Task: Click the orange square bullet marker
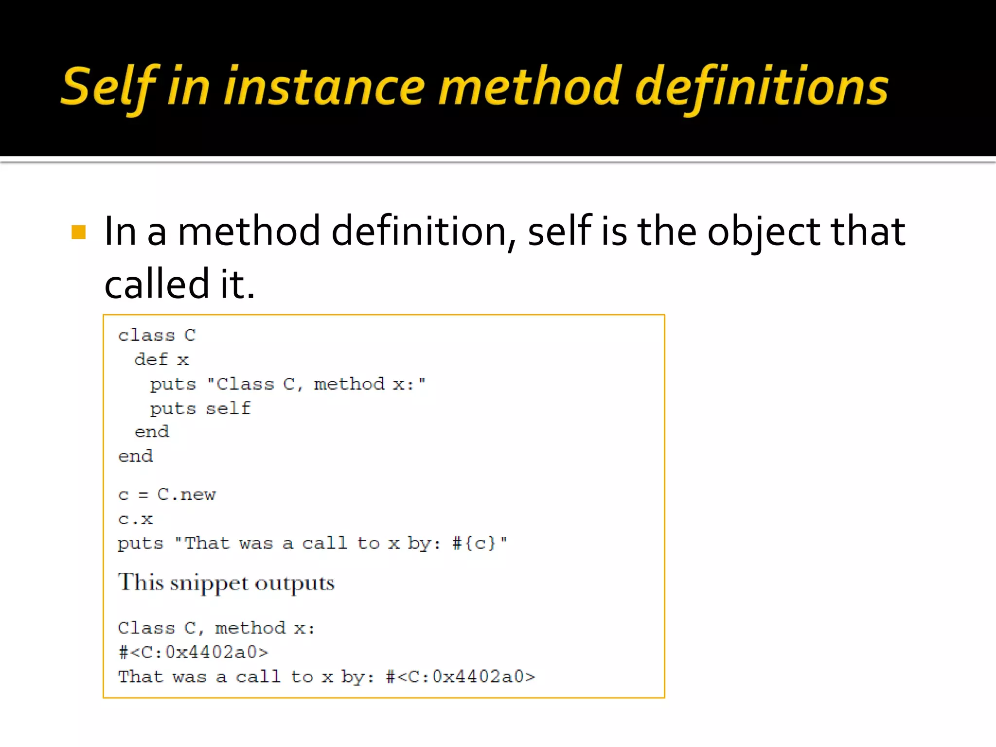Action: coord(78,232)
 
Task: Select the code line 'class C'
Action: coord(157,335)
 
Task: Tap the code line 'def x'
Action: coord(161,359)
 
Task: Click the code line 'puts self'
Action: coord(200,408)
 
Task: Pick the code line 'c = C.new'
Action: coord(166,495)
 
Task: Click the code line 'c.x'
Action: coord(135,519)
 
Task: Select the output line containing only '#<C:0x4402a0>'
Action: coord(193,652)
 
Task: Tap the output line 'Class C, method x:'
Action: coord(216,628)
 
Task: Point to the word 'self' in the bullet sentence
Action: coord(559,231)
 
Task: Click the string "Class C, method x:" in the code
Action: coord(316,384)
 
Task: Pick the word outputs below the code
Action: coord(295,583)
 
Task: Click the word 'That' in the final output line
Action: coord(140,676)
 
